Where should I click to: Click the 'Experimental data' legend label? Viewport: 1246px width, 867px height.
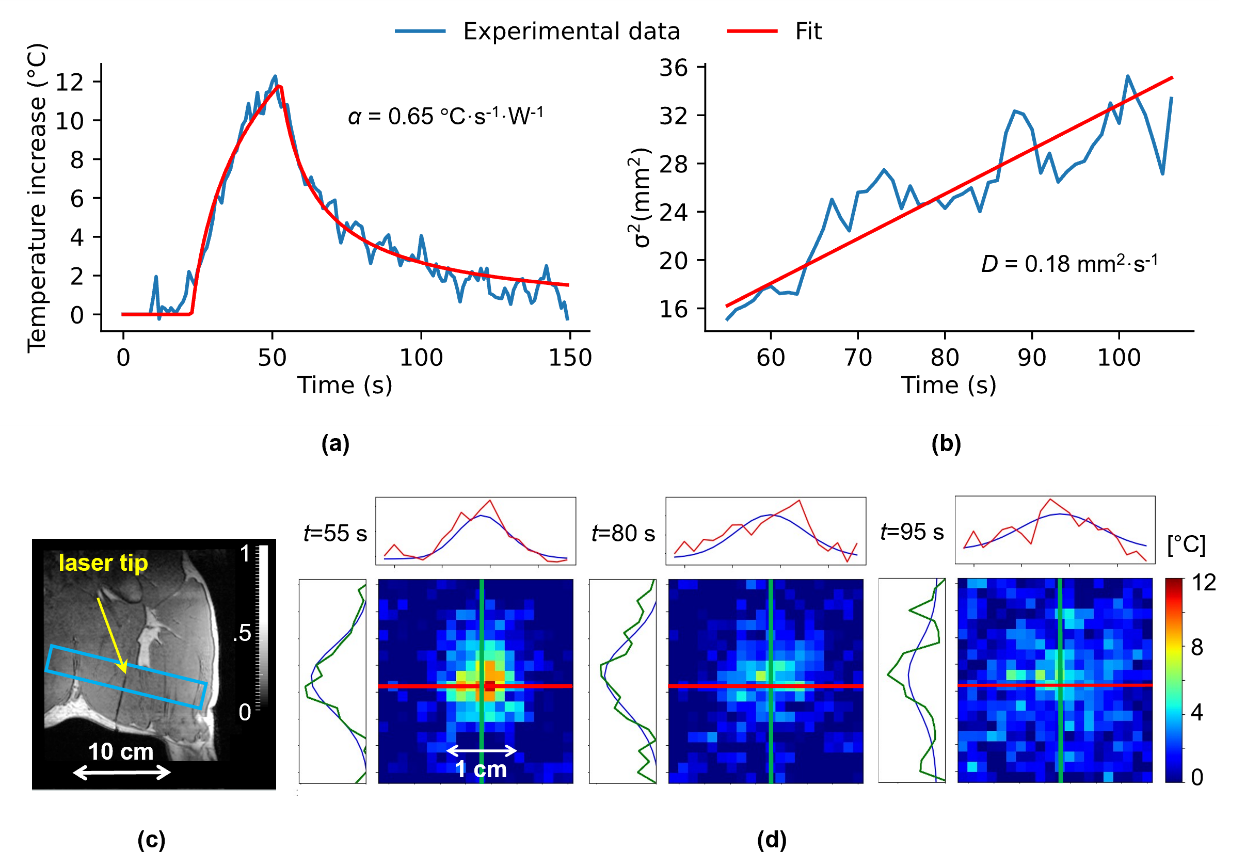click(x=571, y=31)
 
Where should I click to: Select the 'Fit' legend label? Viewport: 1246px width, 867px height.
click(x=808, y=31)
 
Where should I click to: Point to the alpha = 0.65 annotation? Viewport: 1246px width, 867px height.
click(x=445, y=116)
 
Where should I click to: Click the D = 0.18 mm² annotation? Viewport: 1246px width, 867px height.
click(x=1069, y=264)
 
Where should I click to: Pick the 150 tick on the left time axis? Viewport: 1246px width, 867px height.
click(x=570, y=358)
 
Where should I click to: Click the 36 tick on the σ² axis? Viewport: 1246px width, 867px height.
click(x=673, y=68)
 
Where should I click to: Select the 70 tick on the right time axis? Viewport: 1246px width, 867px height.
click(x=858, y=358)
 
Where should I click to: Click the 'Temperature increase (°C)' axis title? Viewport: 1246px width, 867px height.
click(x=37, y=198)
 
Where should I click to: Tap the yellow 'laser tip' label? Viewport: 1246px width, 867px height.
click(x=103, y=563)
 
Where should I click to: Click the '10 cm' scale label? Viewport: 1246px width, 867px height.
click(x=120, y=751)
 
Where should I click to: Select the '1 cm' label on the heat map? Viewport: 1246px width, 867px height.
click(x=481, y=769)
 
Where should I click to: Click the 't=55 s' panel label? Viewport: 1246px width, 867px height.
click(x=335, y=533)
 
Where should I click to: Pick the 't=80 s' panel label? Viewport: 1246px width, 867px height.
click(x=623, y=533)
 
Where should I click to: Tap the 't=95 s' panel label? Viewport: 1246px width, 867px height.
click(x=912, y=532)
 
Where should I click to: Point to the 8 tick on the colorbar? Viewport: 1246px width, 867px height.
click(x=1196, y=647)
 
